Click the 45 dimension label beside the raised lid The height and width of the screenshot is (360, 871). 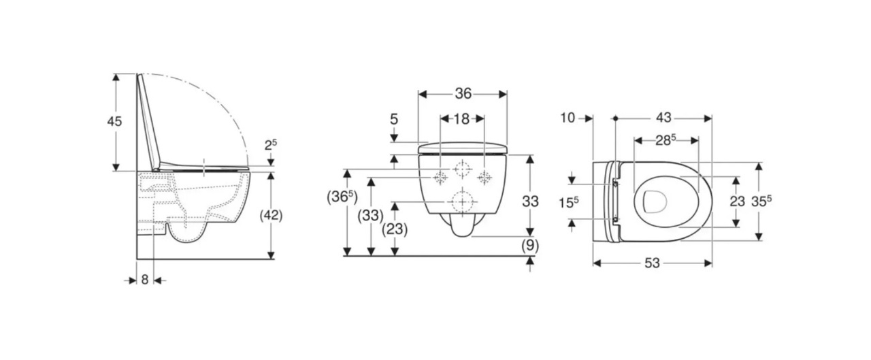(x=114, y=121)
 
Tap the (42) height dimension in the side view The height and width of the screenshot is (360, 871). (x=272, y=215)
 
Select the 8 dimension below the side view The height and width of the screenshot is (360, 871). (x=144, y=279)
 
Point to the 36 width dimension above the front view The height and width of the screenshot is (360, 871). (x=463, y=93)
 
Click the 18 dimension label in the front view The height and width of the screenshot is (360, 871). (x=461, y=119)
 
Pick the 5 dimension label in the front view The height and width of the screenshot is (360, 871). (x=394, y=119)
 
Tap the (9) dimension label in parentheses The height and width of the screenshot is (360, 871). (x=530, y=246)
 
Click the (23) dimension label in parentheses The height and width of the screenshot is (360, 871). (x=395, y=229)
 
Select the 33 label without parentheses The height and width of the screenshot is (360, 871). (x=530, y=201)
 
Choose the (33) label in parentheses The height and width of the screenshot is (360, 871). (x=371, y=216)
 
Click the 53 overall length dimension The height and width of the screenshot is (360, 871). (x=652, y=263)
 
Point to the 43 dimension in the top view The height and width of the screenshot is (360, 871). (x=663, y=118)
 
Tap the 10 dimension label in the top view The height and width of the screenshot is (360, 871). (x=568, y=118)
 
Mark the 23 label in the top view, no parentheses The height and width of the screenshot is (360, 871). (x=737, y=201)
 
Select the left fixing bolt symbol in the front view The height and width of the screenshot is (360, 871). (x=440, y=178)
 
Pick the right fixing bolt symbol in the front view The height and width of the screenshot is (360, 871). (x=485, y=178)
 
